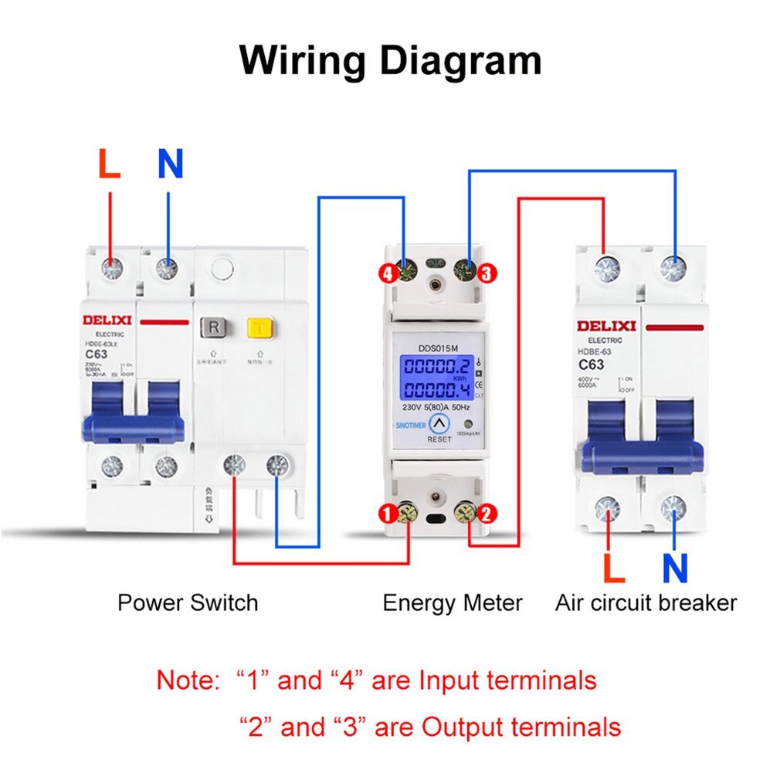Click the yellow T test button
click(x=257, y=327)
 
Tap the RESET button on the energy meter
click(x=439, y=424)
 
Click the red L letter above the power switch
click(x=110, y=164)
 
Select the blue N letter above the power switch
click(x=170, y=164)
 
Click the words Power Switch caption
click(x=188, y=602)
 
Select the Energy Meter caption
click(x=453, y=602)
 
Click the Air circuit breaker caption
click(x=646, y=602)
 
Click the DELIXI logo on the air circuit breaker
click(x=605, y=326)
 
